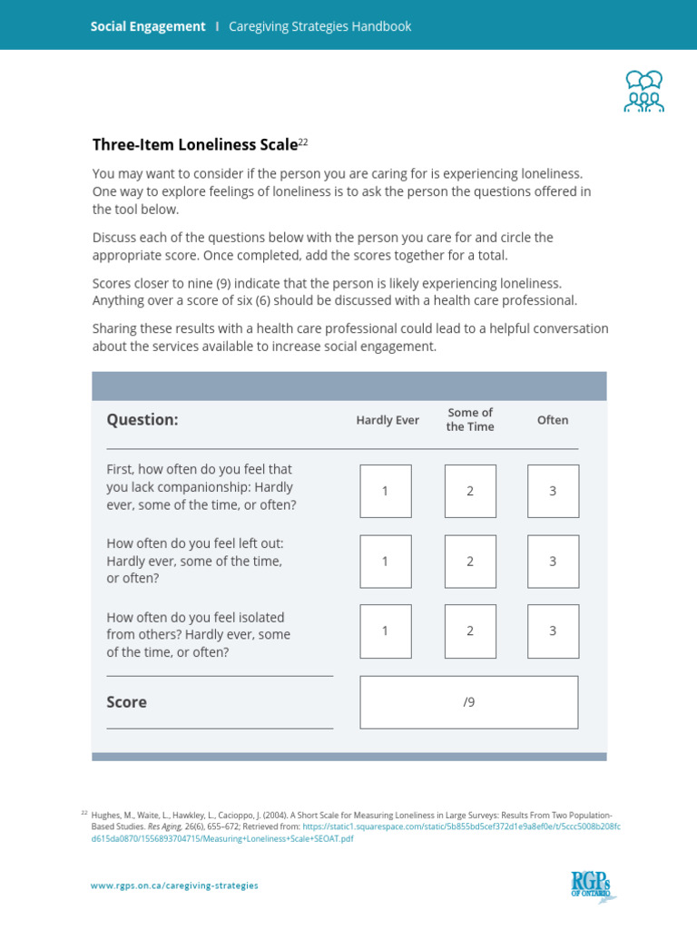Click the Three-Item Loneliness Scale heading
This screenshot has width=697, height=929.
tap(194, 144)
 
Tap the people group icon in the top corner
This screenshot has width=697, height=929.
tap(643, 91)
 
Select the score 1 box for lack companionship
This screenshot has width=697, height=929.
tap(385, 491)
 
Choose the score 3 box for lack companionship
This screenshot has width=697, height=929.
tap(553, 491)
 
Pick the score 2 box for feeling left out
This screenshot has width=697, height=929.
tap(470, 561)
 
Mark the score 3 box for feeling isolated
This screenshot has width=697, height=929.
tap(553, 631)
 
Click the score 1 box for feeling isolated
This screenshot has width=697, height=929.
tap(385, 631)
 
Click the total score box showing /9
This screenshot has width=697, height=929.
tap(468, 702)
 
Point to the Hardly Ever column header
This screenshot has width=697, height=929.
tap(388, 420)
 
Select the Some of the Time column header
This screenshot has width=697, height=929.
tap(470, 419)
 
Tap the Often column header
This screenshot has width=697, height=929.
tap(553, 420)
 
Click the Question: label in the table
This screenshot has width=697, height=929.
tap(142, 420)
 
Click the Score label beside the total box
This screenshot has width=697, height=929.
tap(126, 702)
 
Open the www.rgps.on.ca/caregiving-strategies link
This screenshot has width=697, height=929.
tap(174, 885)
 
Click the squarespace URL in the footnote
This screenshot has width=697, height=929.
tap(461, 826)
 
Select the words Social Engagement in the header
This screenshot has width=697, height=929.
tap(148, 26)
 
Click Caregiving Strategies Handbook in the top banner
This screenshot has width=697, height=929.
tap(319, 26)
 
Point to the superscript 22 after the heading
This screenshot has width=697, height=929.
tap(304, 141)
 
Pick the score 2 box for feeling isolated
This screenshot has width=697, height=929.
tap(470, 631)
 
